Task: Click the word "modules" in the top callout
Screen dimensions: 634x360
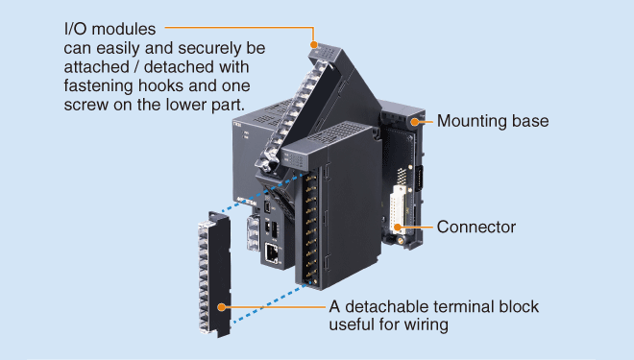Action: click(x=124, y=29)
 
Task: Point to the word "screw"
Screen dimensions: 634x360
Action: click(x=86, y=105)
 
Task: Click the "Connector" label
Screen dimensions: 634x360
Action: click(x=476, y=228)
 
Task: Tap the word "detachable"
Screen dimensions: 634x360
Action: click(x=389, y=306)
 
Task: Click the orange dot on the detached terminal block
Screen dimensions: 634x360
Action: click(x=221, y=307)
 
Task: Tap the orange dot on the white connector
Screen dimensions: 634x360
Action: click(x=398, y=228)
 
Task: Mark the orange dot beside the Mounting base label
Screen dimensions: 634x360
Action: click(x=414, y=121)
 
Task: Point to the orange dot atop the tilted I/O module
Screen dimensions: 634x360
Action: click(x=314, y=44)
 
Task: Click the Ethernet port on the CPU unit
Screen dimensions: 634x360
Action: click(x=272, y=252)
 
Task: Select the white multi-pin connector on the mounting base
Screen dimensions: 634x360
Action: click(x=397, y=209)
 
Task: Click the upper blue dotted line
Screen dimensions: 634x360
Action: click(x=263, y=193)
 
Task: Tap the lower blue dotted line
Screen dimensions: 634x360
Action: click(x=270, y=303)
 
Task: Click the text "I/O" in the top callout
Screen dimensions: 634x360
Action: click(x=76, y=29)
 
